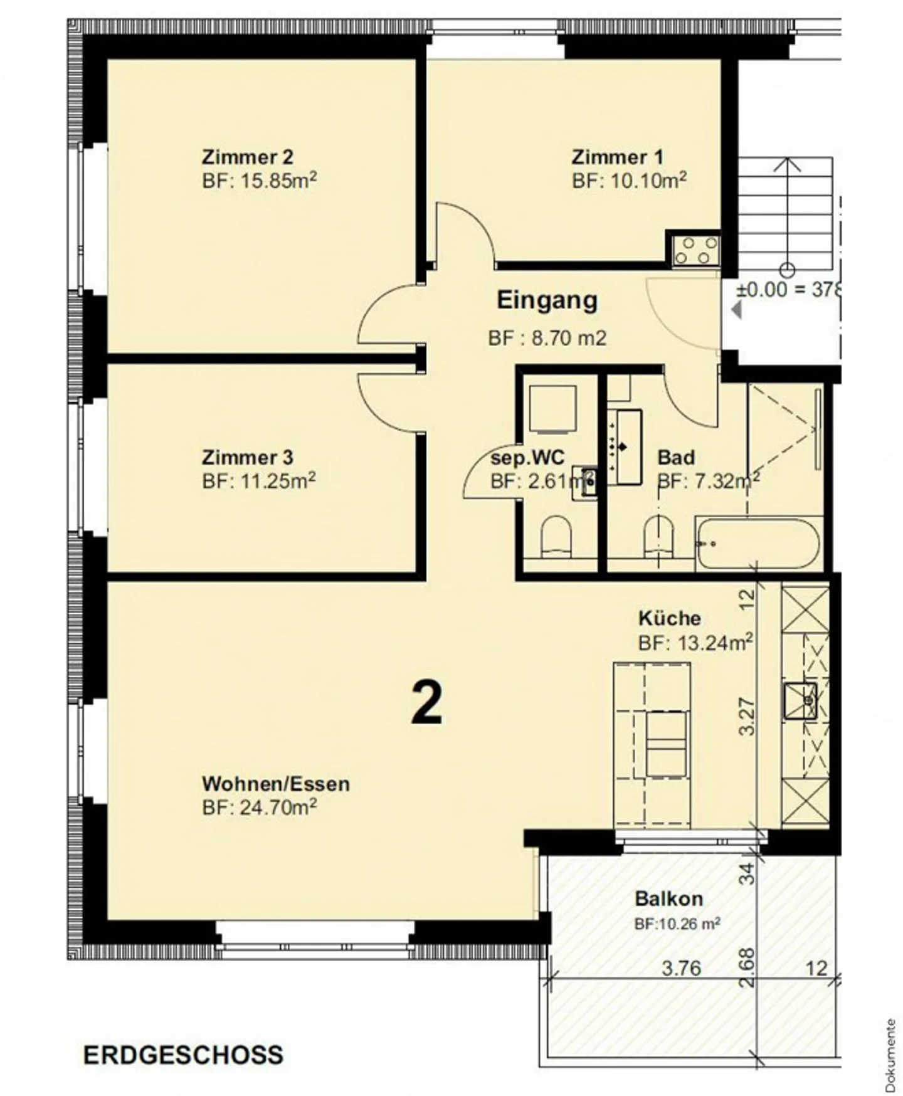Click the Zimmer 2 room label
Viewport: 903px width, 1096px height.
(247, 156)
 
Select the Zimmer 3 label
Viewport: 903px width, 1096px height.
(247, 457)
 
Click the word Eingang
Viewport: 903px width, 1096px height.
(547, 300)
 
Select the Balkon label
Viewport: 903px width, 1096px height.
(668, 898)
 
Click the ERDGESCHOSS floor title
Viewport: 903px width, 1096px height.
(183, 1055)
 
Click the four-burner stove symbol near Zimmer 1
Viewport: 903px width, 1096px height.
(694, 250)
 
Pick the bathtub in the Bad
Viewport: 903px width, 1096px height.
(758, 544)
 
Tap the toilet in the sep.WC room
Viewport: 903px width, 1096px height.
(557, 537)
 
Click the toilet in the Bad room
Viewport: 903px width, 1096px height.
(658, 537)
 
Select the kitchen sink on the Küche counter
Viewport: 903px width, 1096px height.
(800, 700)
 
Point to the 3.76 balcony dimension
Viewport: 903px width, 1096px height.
(682, 969)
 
